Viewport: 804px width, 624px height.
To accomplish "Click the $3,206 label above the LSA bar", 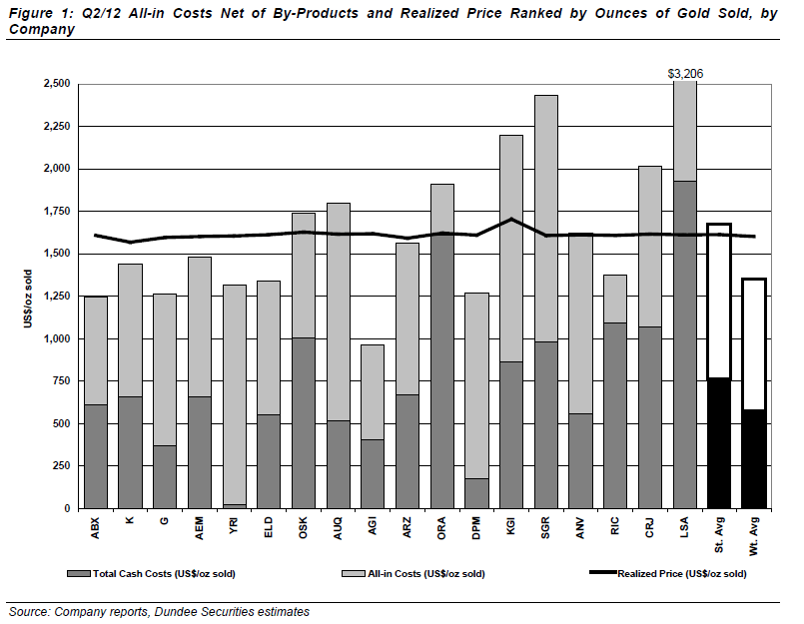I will coord(685,74).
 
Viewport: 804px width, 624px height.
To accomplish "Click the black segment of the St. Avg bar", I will coord(719,443).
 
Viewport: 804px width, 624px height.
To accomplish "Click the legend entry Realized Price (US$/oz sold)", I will coord(682,574).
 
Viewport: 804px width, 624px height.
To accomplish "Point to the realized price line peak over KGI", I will coord(511,220).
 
